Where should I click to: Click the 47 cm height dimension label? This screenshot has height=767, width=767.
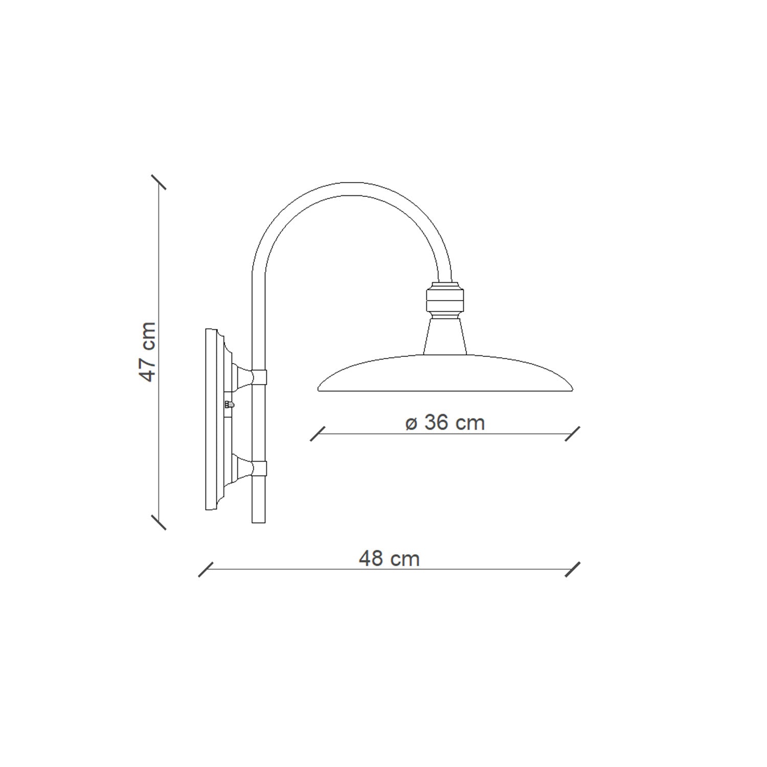coord(148,351)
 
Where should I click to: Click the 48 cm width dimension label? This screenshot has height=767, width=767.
coord(389,558)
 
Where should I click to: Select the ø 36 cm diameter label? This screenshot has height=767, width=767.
coord(445,423)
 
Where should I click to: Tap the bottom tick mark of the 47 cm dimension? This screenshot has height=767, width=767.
coord(159,522)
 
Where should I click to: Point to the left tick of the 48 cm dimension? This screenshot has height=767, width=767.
coord(206,570)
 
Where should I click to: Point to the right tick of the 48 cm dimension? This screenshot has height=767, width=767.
coord(573,570)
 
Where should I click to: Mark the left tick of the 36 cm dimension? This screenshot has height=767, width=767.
coord(318,434)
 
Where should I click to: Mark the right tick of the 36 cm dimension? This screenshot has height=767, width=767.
coord(573,434)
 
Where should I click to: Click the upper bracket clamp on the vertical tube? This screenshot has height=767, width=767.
coord(259,377)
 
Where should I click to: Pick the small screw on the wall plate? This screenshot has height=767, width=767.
coord(229,404)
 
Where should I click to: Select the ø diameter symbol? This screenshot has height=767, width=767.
coord(411,424)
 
